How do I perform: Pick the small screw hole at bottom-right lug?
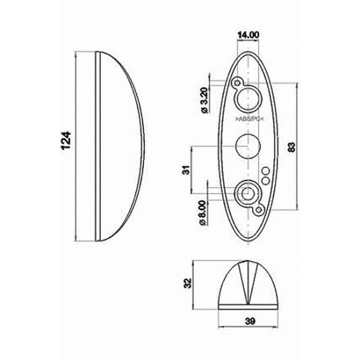click(260, 209)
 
